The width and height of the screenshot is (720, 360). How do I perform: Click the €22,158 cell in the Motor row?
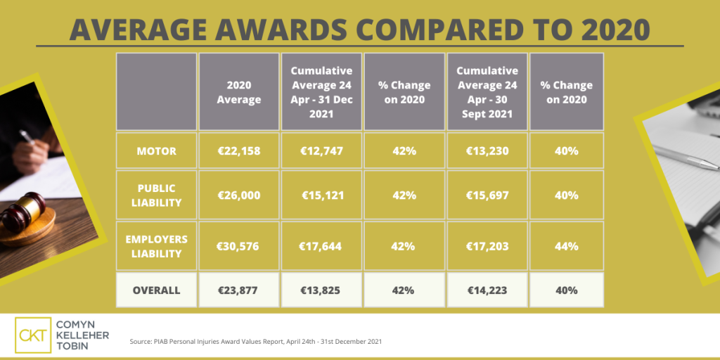239,150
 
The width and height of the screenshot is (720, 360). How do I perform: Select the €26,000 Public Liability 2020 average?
239,195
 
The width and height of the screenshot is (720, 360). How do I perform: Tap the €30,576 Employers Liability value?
239,246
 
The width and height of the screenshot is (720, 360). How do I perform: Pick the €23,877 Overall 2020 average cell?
239,290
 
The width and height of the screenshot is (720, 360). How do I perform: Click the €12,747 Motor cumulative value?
321,150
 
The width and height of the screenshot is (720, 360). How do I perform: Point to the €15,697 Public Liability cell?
487,195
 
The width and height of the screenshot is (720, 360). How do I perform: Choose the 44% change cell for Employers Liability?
567,246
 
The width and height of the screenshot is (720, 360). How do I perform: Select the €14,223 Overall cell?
487,290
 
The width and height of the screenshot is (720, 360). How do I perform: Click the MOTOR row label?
156,150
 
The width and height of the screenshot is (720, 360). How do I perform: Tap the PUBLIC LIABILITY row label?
156,195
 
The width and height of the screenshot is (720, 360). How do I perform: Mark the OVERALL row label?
156,290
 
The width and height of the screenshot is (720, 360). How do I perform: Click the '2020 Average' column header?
239,92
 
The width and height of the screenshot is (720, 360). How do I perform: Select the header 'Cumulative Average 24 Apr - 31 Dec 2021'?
321,92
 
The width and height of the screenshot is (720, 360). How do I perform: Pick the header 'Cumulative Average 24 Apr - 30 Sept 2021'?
487,92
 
